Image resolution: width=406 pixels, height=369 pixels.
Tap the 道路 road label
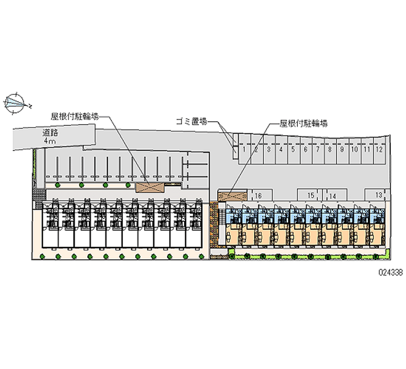50,133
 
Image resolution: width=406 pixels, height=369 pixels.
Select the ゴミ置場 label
191,121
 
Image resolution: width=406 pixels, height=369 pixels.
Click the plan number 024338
390,272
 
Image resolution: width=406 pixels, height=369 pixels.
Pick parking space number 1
244,150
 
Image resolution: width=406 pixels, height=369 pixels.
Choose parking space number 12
379,150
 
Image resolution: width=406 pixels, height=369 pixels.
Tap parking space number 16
258,195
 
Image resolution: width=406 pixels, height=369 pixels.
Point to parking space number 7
317,150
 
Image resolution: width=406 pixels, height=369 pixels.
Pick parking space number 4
281,150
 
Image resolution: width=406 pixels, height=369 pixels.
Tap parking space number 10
354,150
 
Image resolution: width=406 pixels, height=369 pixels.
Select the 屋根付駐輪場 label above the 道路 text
74,115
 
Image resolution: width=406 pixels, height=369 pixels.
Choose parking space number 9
342,150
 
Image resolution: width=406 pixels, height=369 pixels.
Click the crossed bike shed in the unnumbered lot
150,187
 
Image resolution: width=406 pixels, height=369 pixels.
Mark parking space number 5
293,150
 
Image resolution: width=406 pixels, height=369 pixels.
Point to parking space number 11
366,150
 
